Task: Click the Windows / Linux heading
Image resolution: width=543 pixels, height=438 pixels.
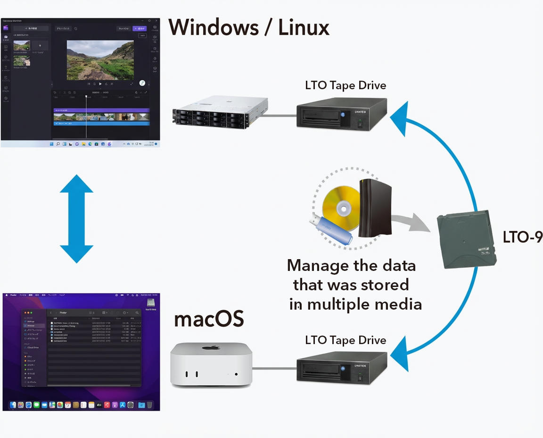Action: pos(249,28)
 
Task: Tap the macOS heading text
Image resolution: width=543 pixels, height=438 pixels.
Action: pos(209,320)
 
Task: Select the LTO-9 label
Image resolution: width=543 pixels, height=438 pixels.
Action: pos(522,237)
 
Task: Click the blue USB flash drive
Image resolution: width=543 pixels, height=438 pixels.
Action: pos(330,230)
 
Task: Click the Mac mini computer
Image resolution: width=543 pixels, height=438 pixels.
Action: pos(211,364)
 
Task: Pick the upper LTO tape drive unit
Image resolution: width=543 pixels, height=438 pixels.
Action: pos(342,113)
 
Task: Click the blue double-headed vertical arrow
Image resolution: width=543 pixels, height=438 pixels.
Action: pos(76,219)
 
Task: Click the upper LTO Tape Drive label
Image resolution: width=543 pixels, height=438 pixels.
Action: pos(346,85)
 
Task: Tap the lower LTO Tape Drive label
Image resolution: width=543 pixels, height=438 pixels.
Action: pos(346,340)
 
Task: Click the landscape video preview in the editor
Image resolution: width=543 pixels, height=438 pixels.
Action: pos(100,59)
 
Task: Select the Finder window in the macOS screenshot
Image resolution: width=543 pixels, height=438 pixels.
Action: pos(81,347)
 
